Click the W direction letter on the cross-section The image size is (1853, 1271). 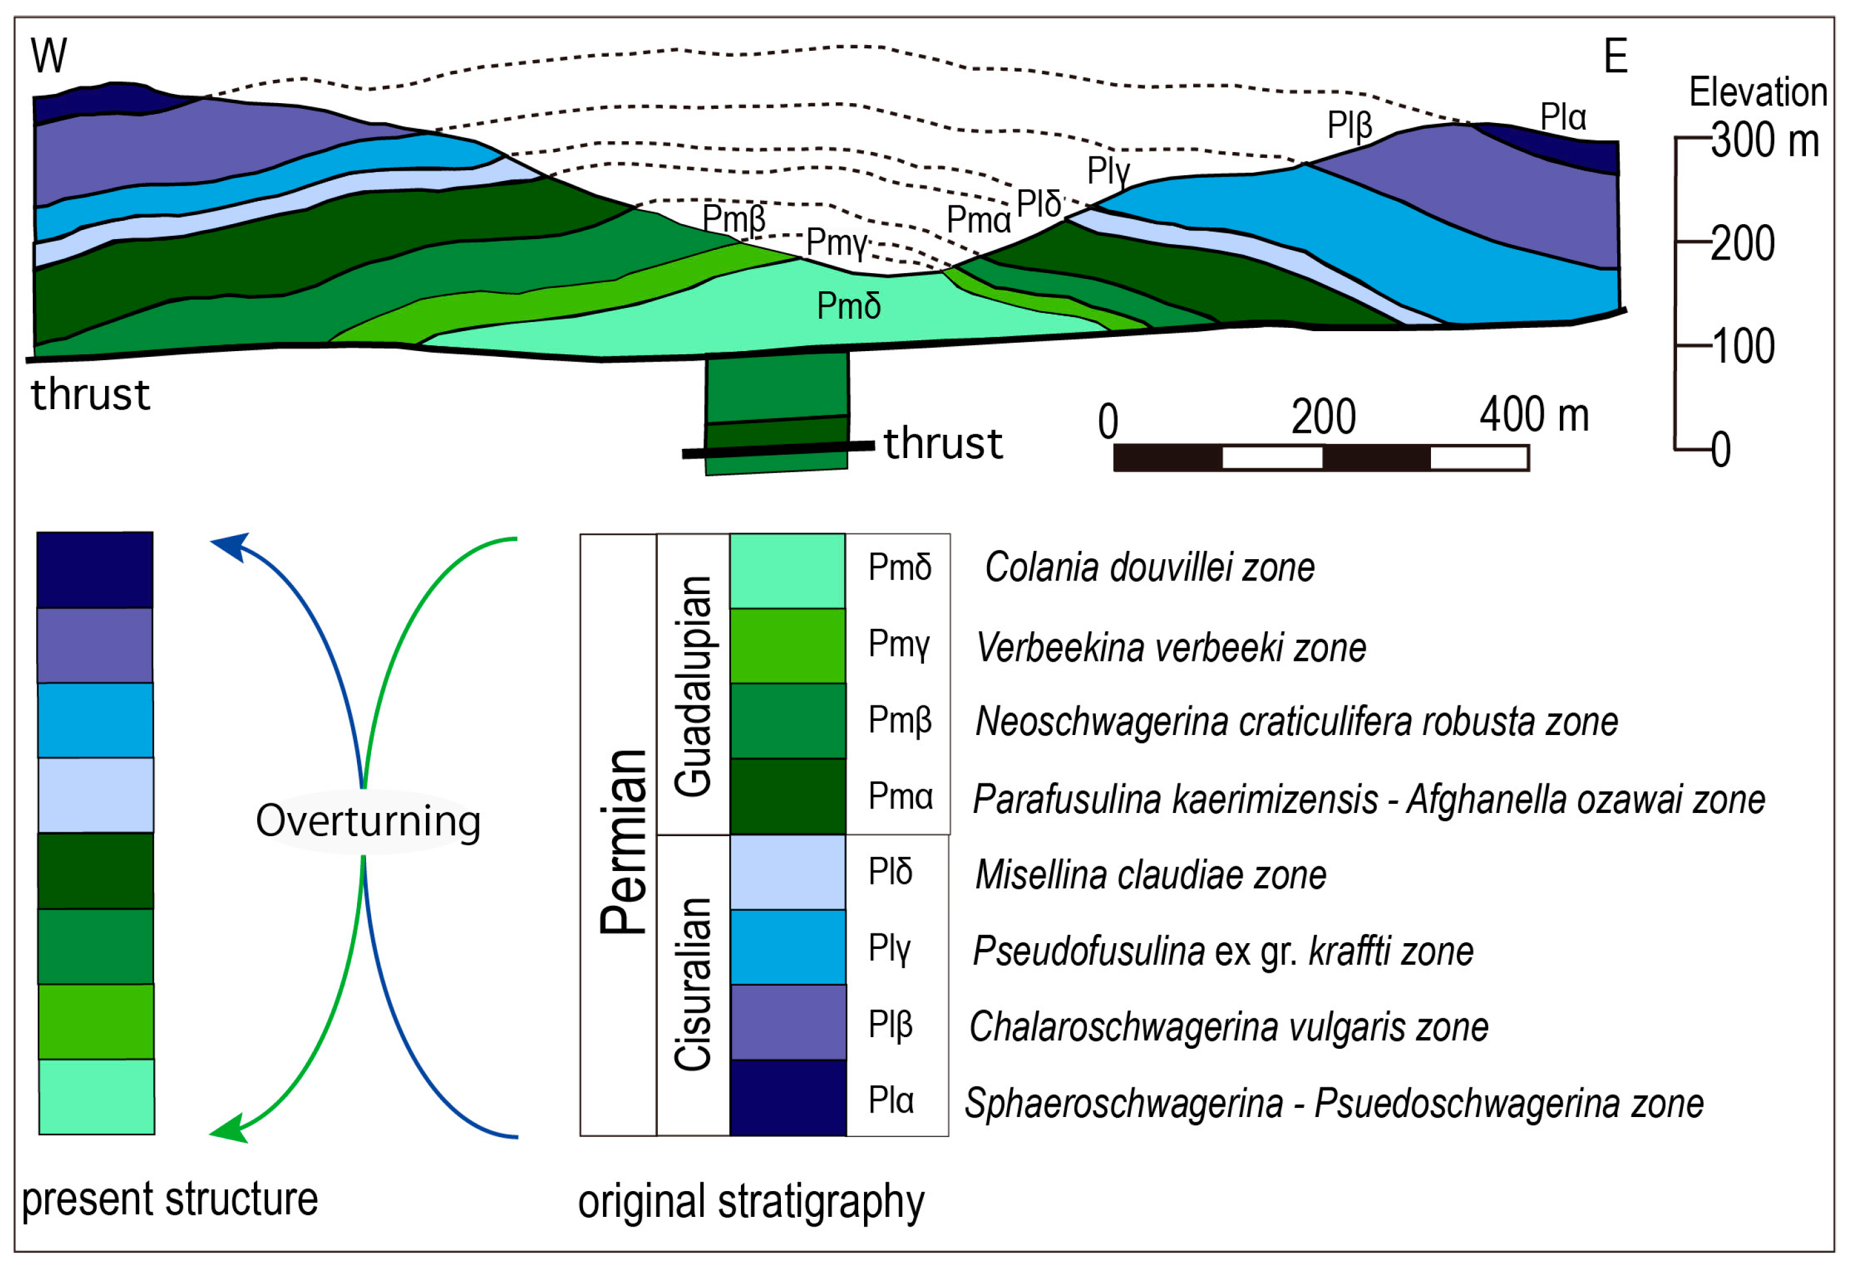48,56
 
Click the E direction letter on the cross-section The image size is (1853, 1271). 1615,56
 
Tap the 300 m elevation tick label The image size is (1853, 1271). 1765,140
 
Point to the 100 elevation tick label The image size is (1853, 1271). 1743,346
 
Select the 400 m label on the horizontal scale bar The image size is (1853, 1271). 1534,415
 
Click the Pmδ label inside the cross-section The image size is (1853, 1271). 849,306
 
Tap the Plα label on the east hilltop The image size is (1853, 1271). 1563,117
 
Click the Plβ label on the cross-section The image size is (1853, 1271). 1349,125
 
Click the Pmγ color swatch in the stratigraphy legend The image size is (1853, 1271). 787,645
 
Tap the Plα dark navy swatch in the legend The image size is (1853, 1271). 787,1097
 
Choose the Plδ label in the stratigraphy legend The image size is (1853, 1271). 890,872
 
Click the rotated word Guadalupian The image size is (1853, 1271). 692,685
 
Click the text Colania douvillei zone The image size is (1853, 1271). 1149,567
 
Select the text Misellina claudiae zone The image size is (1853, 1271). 1150,875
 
